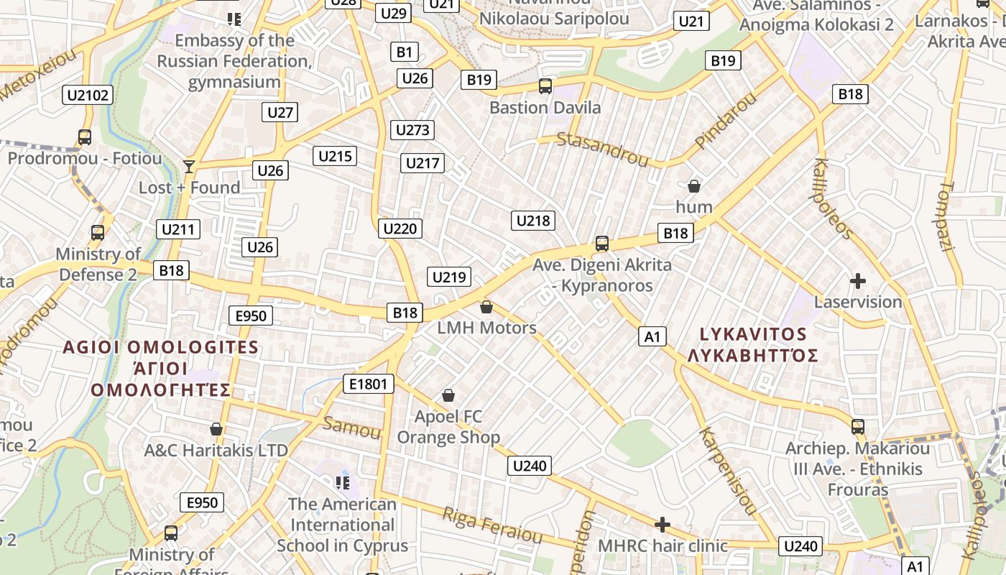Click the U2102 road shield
[x=88, y=95]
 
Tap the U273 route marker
[x=412, y=130]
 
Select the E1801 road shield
[x=369, y=384]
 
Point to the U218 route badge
[x=533, y=221]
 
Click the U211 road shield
[x=178, y=230]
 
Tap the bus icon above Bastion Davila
[x=545, y=86]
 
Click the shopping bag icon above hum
[x=694, y=186]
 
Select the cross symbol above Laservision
[x=857, y=281]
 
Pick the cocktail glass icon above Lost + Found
[x=189, y=167]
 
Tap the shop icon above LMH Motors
[x=486, y=307]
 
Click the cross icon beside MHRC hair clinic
[x=663, y=525]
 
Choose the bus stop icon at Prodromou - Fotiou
[x=85, y=137]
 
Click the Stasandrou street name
[x=603, y=147]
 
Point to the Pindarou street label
[x=726, y=121]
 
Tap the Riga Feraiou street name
[x=492, y=525]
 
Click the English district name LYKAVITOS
[x=753, y=334]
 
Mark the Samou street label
[x=351, y=428]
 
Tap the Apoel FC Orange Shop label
[x=448, y=426]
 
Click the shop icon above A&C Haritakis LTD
[x=216, y=430]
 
